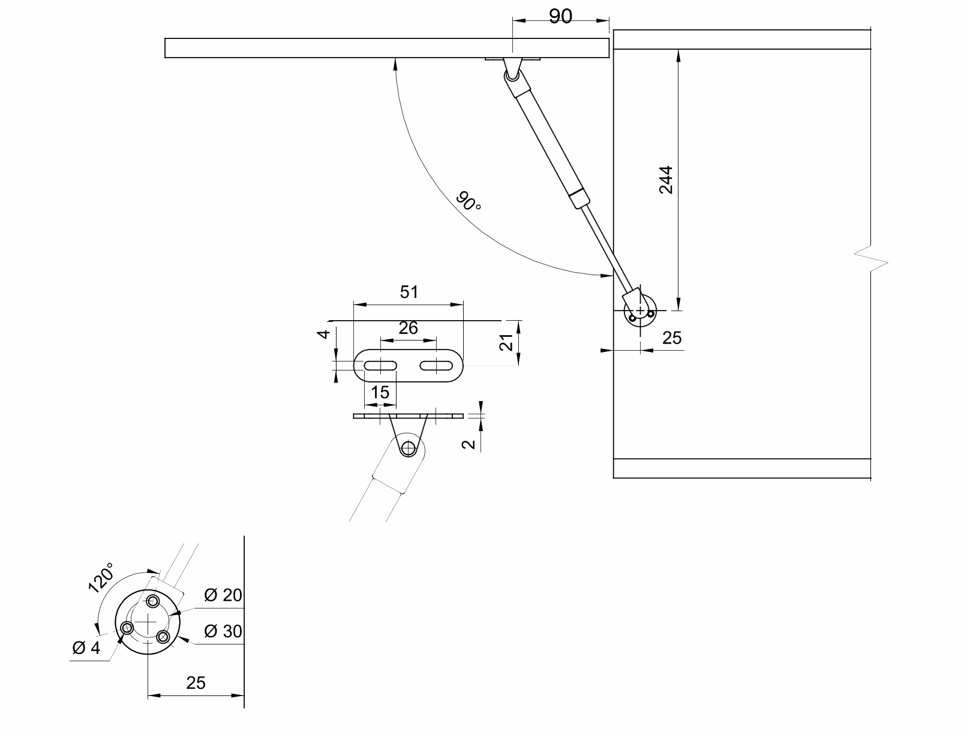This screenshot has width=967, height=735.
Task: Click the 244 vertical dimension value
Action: [666, 180]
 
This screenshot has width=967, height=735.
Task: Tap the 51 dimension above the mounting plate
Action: [409, 292]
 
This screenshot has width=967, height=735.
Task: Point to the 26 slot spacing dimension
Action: [409, 328]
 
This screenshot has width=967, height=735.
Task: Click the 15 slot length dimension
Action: [380, 392]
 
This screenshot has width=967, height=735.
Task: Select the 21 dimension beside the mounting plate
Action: [507, 342]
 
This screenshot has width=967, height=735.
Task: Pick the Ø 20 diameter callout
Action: [223, 595]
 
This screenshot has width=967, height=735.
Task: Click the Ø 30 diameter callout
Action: [223, 631]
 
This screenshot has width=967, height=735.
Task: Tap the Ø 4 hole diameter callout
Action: [86, 648]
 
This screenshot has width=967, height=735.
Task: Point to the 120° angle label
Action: [101, 578]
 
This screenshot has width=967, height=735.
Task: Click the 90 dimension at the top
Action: [560, 16]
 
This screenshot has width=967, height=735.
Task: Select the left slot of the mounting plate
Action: [380, 365]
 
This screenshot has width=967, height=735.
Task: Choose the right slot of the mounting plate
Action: [436, 365]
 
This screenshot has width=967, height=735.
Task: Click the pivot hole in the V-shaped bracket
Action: [409, 448]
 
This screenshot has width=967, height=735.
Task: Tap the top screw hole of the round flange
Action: [153, 601]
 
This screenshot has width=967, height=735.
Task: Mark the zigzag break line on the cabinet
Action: [871, 258]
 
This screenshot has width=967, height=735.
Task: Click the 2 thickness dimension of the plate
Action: [469, 444]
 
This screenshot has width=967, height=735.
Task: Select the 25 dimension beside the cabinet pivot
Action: [672, 338]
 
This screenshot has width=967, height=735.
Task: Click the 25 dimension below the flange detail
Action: [196, 683]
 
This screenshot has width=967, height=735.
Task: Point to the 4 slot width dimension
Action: [324, 335]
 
